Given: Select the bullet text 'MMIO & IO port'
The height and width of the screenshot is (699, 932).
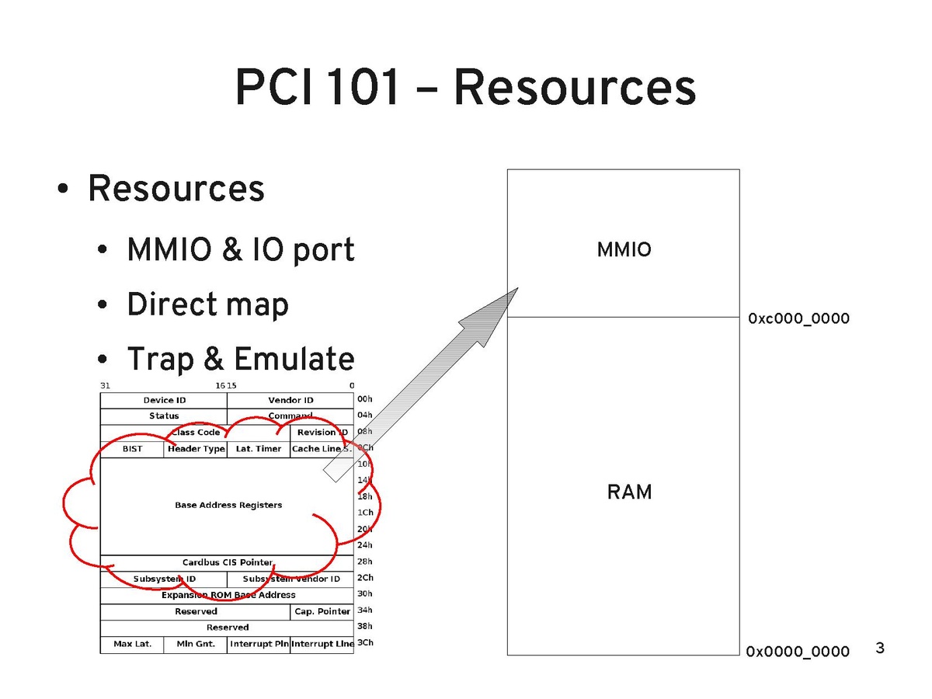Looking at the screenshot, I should [x=241, y=250].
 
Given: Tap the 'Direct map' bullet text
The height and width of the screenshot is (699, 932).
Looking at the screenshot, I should [x=207, y=304].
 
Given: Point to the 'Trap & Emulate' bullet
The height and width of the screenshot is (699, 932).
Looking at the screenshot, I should [x=240, y=359].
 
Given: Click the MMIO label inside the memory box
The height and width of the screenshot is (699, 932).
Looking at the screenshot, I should [x=624, y=250].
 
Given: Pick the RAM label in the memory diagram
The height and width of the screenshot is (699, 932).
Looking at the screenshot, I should [x=629, y=492].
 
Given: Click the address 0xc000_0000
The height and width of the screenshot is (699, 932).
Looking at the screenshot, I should [x=798, y=319].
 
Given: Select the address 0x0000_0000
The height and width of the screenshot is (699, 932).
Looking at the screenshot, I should [x=798, y=652].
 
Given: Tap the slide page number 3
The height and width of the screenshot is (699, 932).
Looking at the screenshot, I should [x=880, y=648].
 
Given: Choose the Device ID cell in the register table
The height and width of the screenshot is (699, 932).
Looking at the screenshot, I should [x=164, y=400].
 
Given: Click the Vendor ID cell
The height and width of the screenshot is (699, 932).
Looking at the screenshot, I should [x=290, y=400].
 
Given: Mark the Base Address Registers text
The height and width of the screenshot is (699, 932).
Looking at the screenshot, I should [x=228, y=505].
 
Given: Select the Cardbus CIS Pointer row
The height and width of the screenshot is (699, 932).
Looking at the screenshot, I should [x=228, y=562].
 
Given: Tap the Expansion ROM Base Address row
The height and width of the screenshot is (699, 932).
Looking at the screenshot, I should [x=228, y=595].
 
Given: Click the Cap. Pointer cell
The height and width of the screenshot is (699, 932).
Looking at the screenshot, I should [x=322, y=611].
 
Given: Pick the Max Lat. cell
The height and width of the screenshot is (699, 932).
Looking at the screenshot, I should [x=132, y=644].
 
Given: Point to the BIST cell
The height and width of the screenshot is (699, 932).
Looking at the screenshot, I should [x=132, y=449].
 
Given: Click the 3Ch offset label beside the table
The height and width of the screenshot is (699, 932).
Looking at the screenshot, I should [x=364, y=643].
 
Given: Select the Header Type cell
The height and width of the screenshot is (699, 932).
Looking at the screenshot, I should [x=196, y=449].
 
